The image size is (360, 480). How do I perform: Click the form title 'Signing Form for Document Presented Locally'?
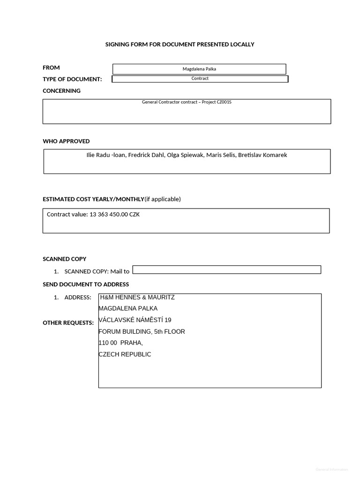[180, 45]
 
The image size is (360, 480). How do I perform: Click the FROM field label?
[51, 67]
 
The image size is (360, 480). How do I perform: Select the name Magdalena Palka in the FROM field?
[199, 69]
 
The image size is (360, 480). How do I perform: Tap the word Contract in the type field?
[200, 78]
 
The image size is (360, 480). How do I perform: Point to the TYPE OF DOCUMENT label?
[72, 79]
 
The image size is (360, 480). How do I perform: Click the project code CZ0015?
[223, 102]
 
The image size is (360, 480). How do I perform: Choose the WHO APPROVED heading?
[66, 141]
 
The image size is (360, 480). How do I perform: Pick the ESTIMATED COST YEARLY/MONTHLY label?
[93, 199]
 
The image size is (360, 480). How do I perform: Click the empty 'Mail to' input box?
[227, 270]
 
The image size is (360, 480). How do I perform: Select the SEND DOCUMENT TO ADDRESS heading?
[86, 285]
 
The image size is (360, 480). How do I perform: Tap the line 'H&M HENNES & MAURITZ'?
[137, 297]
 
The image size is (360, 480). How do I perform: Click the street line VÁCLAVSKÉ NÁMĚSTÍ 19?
[135, 320]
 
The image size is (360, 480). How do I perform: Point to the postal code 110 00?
[108, 343]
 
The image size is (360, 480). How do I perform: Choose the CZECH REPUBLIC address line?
[125, 354]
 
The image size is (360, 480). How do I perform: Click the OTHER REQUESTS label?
[68, 323]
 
